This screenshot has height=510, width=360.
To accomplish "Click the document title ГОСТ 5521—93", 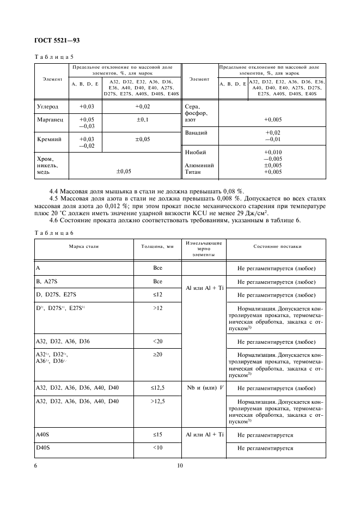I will [58, 41].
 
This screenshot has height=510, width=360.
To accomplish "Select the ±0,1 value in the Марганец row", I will [142, 119].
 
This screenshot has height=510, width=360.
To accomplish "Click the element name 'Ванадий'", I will [197, 132].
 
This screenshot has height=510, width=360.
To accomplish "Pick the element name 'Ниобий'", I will [195, 152].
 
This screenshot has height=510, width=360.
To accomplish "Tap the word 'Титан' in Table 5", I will [194, 172].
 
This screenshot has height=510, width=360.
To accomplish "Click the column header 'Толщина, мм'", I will [157, 246].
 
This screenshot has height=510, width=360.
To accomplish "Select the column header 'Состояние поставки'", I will [277, 246].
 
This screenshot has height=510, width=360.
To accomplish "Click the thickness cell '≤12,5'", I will [157, 388].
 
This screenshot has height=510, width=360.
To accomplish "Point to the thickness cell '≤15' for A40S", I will [157, 435].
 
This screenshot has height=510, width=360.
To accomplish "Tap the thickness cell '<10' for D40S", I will [157, 448].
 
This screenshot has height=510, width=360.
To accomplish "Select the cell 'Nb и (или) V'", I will [204, 388].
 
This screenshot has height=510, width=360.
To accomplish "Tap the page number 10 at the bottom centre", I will [180, 465].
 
